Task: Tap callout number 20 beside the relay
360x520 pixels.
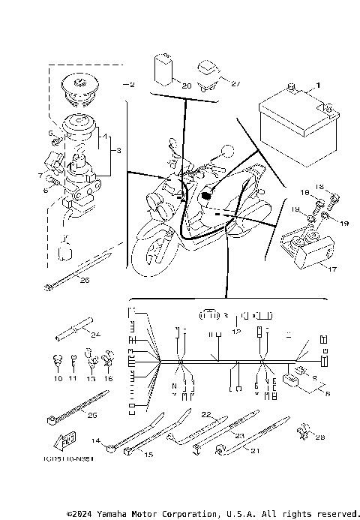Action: (187, 86)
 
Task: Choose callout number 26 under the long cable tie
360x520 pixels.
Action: (84, 280)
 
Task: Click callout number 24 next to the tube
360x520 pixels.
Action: (95, 335)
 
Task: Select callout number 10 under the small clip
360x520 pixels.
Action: (58, 380)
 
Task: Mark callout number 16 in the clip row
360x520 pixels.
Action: (108, 380)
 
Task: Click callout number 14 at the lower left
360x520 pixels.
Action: (96, 440)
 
